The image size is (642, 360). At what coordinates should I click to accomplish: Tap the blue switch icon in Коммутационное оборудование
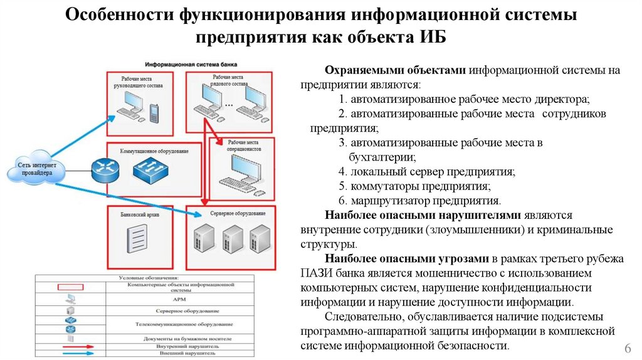[150, 168]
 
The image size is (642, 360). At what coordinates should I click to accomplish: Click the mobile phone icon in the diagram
[154, 112]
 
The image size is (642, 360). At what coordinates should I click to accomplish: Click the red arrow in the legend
[70, 345]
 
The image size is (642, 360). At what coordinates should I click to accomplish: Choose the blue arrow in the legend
[70, 353]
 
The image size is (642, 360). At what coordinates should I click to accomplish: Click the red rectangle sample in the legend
[70, 288]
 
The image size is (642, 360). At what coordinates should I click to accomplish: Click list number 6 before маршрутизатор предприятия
[342, 201]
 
